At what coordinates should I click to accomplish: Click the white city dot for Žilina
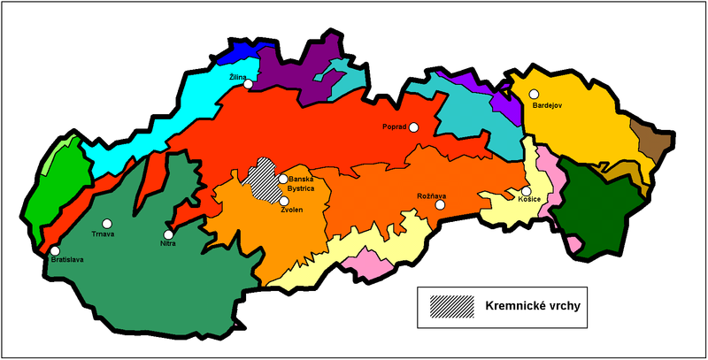point(249,84)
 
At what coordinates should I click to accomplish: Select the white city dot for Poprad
point(413,127)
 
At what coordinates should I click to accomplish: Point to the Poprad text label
point(394,127)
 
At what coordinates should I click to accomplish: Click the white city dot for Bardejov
point(535,94)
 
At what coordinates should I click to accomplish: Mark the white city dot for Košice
point(526,191)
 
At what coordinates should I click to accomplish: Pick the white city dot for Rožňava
point(440,204)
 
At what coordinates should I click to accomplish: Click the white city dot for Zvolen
point(283,201)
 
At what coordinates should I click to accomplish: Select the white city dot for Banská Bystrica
point(283,180)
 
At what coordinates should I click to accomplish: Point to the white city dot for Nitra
point(169,234)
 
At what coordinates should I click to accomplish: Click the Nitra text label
point(169,244)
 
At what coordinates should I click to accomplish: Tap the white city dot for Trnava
point(107,224)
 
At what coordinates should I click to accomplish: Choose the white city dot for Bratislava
point(55,251)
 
